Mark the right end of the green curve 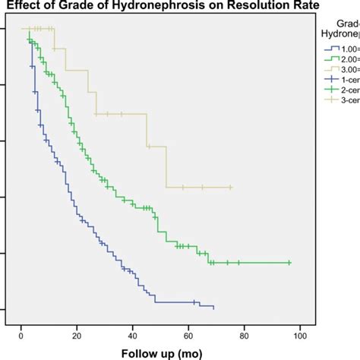click(x=290, y=263)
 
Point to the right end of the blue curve click(x=213, y=308)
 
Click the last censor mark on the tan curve click(x=230, y=187)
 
